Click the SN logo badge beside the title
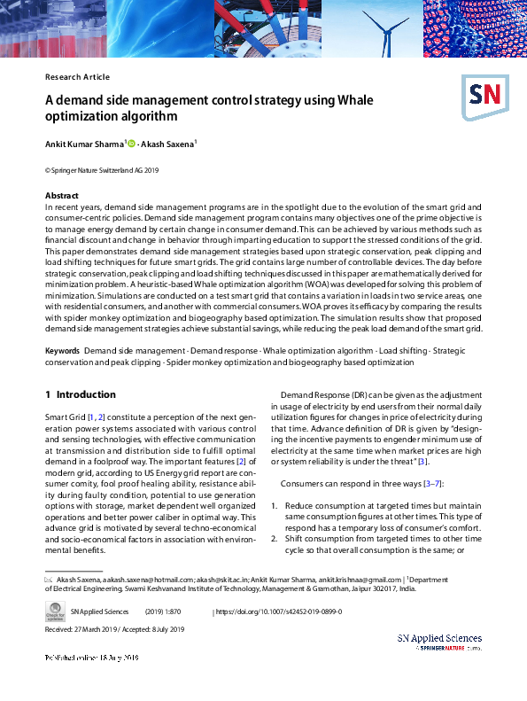point(484,92)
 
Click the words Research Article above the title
point(77,77)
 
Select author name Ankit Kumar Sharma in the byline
point(85,144)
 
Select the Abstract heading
point(62,195)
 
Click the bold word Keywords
point(62,352)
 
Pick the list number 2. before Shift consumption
point(275,539)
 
